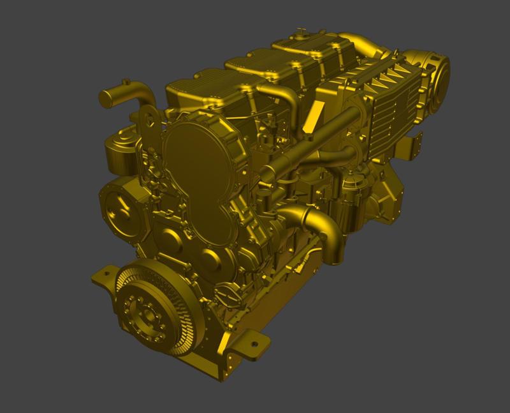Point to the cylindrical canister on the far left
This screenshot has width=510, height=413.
(x=118, y=153)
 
